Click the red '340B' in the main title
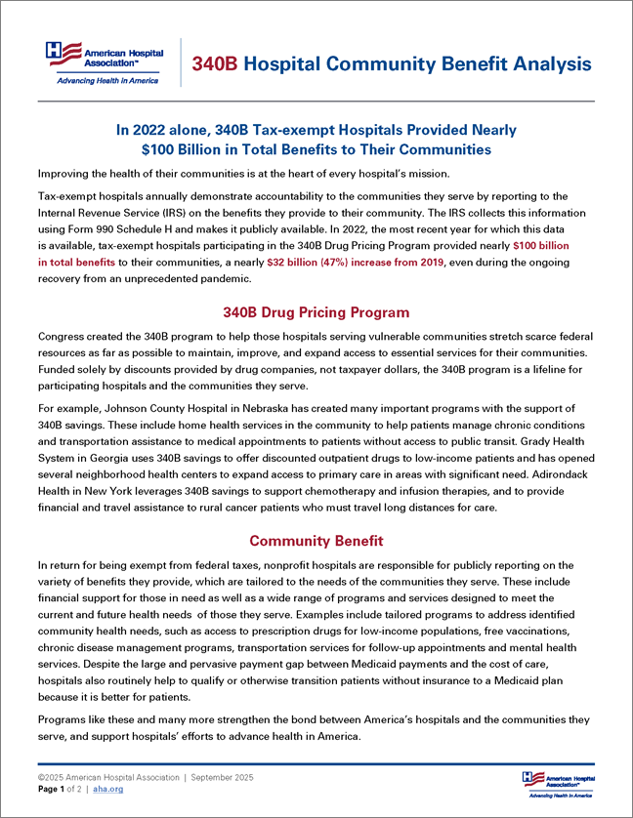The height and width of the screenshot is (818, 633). coord(214,64)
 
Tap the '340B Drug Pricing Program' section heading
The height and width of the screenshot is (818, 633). coord(316,313)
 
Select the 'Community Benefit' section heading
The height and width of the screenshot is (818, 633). coord(316,541)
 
